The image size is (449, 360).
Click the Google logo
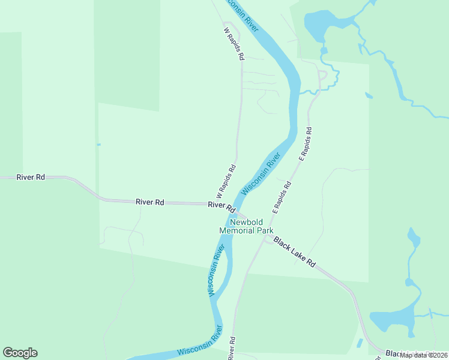click(x=20, y=353)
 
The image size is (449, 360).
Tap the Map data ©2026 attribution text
click(x=424, y=355)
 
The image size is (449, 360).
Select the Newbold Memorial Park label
click(x=246, y=226)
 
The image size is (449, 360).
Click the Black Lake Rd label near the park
click(x=294, y=251)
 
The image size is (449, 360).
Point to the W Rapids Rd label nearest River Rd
click(x=226, y=182)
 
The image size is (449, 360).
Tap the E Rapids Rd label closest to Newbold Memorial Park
click(x=282, y=197)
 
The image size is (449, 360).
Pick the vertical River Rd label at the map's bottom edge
click(x=232, y=348)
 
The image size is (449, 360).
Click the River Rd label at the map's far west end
click(x=31, y=177)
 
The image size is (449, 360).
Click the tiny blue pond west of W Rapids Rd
click(x=98, y=144)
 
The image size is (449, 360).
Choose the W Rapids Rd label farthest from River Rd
click(x=234, y=43)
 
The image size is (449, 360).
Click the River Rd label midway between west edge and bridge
click(x=150, y=202)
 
